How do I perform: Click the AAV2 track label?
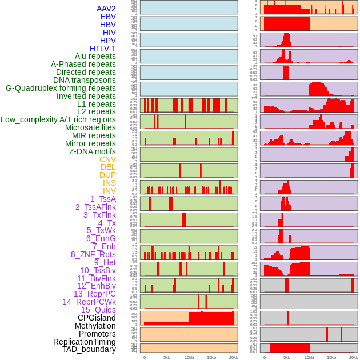point(106,9)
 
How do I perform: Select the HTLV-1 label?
point(102,49)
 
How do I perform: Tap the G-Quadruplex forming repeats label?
point(61,88)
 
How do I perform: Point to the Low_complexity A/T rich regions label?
point(58,119)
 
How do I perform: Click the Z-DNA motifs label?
point(92,151)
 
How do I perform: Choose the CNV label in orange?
point(107,159)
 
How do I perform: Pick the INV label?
point(109,191)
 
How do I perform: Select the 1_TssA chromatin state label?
point(103,199)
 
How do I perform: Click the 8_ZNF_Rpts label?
point(93,254)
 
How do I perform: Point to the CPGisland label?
point(97,318)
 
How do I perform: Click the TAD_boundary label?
point(89,349)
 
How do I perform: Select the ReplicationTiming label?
point(84,342)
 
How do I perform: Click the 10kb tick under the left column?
point(189,357)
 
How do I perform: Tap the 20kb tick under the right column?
point(353,357)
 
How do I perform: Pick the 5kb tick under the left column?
point(166,357)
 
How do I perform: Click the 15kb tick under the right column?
point(331,357)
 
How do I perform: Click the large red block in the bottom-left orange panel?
point(211,318)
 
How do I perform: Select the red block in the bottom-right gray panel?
point(289,347)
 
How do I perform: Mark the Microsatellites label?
point(90,127)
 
